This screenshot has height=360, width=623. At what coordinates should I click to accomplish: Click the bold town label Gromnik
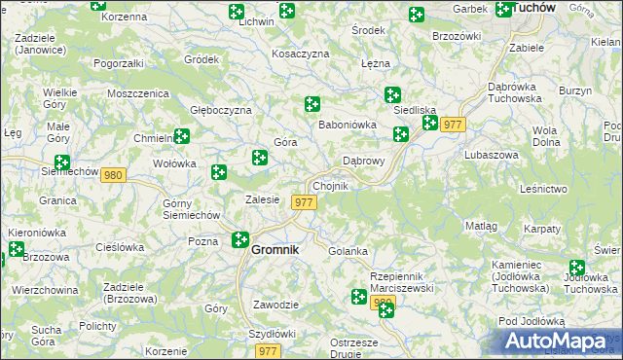click(275, 249)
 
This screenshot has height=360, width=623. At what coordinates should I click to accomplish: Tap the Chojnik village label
click(329, 186)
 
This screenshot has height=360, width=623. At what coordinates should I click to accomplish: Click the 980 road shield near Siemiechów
click(114, 175)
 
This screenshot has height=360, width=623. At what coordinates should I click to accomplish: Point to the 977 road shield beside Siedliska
click(453, 125)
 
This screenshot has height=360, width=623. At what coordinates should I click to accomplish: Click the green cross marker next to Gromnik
click(240, 238)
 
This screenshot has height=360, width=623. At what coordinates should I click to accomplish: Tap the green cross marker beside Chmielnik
click(181, 137)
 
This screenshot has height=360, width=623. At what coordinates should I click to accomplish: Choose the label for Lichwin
click(256, 21)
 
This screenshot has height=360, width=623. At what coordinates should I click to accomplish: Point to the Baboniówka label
click(348, 125)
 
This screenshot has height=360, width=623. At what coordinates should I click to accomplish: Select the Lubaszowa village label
click(492, 155)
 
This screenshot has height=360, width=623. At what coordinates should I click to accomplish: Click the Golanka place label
click(348, 251)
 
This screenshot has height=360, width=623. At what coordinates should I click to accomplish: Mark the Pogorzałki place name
click(119, 62)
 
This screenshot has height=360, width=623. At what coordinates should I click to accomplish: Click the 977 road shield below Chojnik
click(305, 202)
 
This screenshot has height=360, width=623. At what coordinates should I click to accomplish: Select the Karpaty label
click(542, 229)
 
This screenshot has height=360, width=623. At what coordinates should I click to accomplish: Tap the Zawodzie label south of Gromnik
click(275, 305)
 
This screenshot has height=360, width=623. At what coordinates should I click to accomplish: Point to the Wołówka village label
click(174, 163)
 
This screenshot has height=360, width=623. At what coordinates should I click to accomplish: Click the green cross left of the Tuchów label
click(503, 10)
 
